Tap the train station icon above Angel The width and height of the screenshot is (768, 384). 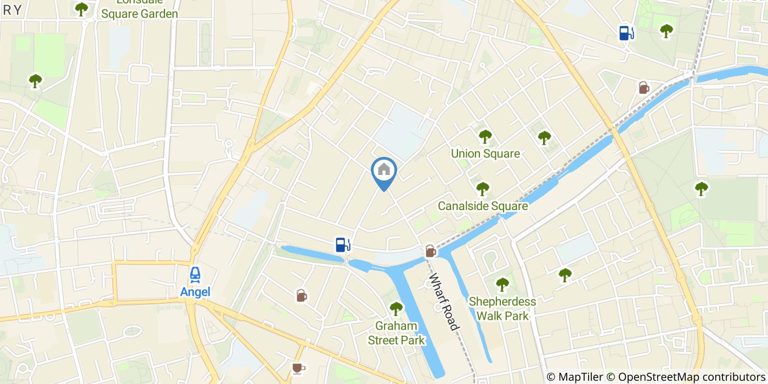[195, 274]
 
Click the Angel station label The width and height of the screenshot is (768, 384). [195, 292]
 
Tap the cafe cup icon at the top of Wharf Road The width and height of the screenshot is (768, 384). [431, 251]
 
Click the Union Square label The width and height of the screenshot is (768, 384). [485, 154]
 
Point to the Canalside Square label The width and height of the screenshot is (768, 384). [483, 206]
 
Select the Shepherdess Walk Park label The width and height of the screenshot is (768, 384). [502, 309]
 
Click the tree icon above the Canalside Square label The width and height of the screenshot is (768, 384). [482, 189]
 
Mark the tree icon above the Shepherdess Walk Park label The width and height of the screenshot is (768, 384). [502, 284]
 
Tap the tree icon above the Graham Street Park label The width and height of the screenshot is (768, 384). [396, 308]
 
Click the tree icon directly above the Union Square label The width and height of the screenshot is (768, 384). [485, 136]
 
